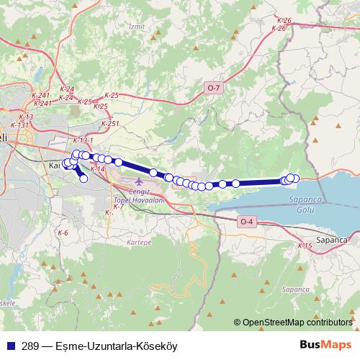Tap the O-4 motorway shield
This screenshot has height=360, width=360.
[247, 221]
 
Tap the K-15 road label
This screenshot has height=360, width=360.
[305, 246]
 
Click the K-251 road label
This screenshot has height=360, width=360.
[110, 124]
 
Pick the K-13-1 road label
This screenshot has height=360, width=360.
[84, 140]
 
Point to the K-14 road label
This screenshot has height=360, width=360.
[97, 168]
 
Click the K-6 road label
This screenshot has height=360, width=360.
[63, 233]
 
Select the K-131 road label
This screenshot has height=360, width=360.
[19, 125]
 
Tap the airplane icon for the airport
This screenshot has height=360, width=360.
[138, 179]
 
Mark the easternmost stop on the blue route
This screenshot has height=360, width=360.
[294, 178]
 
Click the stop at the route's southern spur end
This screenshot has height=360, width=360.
[84, 179]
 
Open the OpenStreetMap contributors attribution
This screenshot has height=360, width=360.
[297, 323]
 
